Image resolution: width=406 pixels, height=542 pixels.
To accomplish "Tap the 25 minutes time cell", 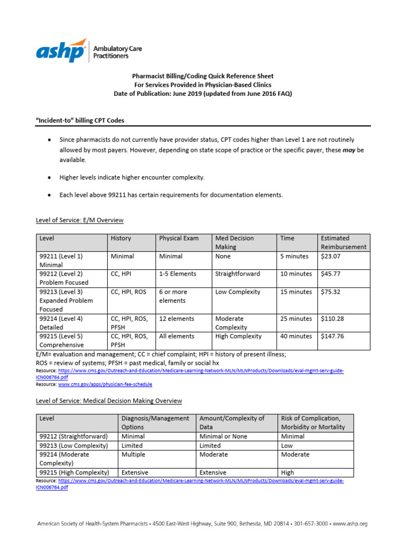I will coord(296,319).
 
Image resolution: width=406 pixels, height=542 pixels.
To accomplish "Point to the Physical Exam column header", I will coord(179,238).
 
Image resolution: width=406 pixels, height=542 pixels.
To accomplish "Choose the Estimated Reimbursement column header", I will coord(343,242).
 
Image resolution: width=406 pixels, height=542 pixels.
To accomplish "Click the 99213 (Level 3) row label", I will coord(61,292).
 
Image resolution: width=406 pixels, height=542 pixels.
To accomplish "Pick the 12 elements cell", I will coord(177,319).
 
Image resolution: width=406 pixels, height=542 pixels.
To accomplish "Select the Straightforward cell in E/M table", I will coord(237,274).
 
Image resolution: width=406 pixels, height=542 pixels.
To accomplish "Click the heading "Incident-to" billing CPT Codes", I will coord(80,120).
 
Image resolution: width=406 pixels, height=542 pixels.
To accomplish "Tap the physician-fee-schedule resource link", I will coord(97,384).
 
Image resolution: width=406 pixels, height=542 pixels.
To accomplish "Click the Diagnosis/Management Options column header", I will coord(155,422).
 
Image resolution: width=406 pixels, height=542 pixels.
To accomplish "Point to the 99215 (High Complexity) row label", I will coord(74,472).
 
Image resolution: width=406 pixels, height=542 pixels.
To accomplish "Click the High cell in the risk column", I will coord(288,472).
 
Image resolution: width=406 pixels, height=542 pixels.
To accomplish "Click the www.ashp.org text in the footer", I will coord(351,523).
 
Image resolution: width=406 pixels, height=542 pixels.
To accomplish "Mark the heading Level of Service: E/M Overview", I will coord(79,220).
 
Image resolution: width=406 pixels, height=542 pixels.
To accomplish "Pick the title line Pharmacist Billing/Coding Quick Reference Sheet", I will coord(203,76).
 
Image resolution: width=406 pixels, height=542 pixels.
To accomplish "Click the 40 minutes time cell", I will coord(296,336).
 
